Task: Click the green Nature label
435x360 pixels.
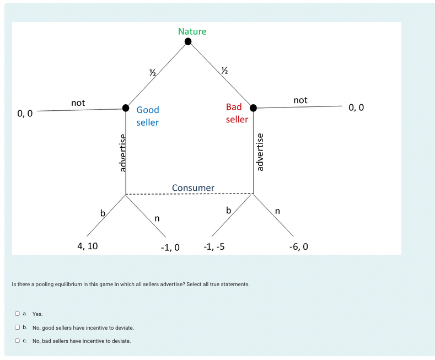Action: [192, 31]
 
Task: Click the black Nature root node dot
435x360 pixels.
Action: [188, 41]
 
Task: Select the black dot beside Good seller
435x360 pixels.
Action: [126, 108]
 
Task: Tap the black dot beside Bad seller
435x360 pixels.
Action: [254, 108]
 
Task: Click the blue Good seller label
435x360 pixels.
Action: [147, 116]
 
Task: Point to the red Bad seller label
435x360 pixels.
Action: [237, 112]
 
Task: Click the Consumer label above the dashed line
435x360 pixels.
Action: [193, 188]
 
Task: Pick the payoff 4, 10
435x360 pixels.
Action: [87, 246]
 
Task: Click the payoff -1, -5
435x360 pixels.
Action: [213, 246]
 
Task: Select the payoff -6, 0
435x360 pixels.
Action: [298, 246]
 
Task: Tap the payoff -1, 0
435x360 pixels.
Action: [170, 247]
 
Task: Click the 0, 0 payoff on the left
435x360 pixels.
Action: [25, 114]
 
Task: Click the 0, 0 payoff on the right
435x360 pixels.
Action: [356, 108]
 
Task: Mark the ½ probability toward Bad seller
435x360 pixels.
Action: [224, 70]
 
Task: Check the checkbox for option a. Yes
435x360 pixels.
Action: [18, 314]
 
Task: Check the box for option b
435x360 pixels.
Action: [18, 327]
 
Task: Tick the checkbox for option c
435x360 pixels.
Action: [18, 341]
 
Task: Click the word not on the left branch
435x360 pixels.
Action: [78, 103]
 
